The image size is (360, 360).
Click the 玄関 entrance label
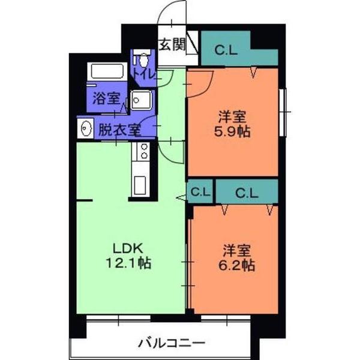tap(172, 46)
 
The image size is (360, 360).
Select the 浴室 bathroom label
tap(106, 100)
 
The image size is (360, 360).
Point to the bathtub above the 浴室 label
tap(107, 73)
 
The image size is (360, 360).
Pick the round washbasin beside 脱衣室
tap(86, 128)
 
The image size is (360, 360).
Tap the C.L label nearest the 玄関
tap(225, 51)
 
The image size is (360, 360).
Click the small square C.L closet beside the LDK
tap(200, 193)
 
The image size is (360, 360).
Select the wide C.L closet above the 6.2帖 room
tap(247, 193)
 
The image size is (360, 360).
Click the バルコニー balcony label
tap(172, 344)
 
